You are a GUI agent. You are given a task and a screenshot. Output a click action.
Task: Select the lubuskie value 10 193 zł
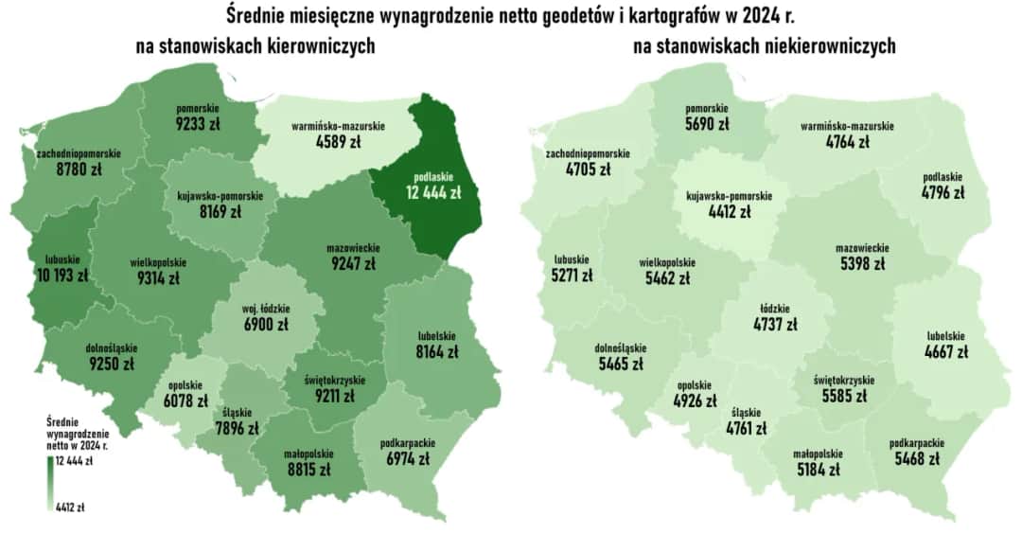point(62,276)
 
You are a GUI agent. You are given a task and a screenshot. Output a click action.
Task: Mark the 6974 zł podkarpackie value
point(407,458)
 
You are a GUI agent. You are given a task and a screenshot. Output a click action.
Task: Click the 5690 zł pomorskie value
point(708,124)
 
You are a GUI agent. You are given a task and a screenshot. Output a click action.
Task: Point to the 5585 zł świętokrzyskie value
point(843,397)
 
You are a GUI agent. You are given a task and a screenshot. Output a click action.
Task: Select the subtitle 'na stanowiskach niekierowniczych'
point(764,47)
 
